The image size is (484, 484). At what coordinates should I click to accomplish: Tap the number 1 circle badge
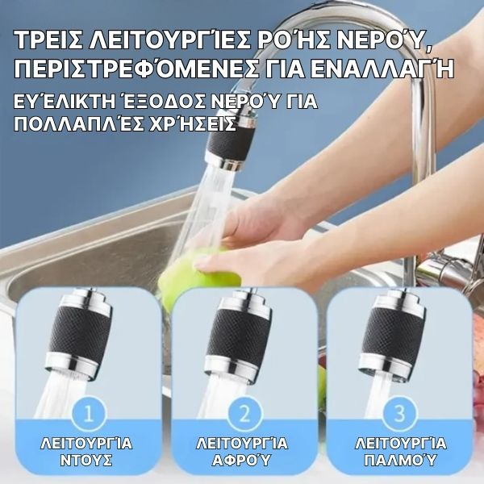[89, 414]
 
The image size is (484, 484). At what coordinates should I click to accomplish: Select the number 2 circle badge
[244, 414]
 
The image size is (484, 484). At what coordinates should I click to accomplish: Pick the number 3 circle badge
[400, 414]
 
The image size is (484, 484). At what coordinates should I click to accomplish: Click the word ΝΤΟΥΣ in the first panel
[86, 461]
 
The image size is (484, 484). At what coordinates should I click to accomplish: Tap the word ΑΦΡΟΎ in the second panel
[241, 461]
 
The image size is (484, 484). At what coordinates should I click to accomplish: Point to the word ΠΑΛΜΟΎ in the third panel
[400, 461]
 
